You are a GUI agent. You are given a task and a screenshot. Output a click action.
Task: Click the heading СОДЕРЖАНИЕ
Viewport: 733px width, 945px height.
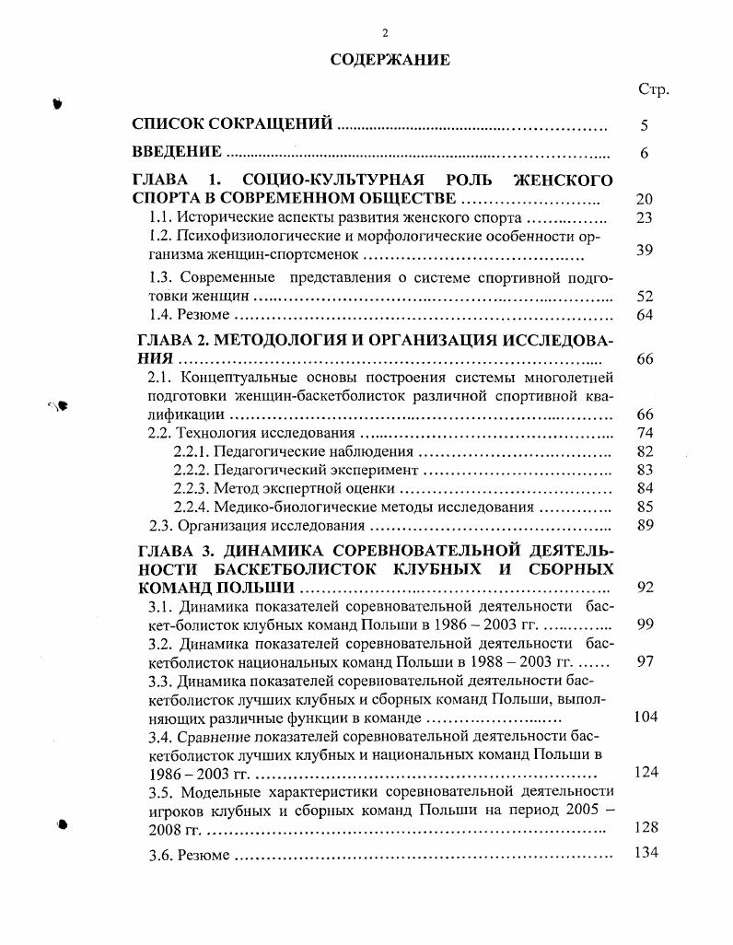tap(390, 61)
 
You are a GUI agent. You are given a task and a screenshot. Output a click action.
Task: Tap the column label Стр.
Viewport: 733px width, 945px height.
tap(653, 90)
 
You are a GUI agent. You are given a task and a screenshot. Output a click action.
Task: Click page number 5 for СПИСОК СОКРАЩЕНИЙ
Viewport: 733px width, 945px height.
tap(645, 124)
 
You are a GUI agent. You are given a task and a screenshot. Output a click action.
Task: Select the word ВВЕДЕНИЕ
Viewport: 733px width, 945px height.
tap(177, 153)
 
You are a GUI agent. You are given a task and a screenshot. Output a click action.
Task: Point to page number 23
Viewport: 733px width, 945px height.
tap(645, 218)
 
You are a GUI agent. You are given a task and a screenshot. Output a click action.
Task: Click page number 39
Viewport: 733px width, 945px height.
tap(645, 251)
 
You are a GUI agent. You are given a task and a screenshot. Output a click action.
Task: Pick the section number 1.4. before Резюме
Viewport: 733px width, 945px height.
tap(162, 316)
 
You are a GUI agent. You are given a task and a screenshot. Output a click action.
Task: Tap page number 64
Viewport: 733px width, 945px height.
tap(645, 316)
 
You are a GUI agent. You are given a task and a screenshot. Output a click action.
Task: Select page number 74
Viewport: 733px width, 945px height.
tap(645, 433)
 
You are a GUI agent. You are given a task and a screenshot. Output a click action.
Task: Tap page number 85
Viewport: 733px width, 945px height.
tap(645, 507)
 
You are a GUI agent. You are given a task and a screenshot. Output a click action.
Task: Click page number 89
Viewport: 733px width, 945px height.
tap(645, 526)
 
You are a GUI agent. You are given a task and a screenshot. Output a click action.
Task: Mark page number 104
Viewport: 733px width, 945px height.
tap(645, 717)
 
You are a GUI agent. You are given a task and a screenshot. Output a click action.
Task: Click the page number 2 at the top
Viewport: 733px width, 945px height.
tap(385, 33)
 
